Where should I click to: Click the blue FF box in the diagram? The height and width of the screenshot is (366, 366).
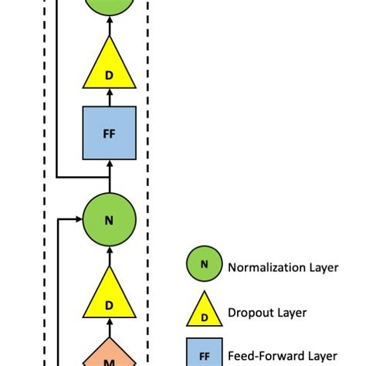[109, 133]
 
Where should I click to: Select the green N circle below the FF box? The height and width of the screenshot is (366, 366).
[109, 221]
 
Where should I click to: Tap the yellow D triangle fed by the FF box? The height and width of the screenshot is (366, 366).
[109, 67]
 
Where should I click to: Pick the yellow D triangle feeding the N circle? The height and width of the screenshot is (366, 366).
[109, 297]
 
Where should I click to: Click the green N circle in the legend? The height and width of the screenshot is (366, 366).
[204, 266]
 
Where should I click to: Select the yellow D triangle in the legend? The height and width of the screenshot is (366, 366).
[204, 312]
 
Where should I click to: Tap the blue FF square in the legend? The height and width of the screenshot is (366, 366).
[204, 355]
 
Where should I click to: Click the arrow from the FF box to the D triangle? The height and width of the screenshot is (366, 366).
[109, 99]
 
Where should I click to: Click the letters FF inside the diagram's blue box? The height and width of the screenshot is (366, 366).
[109, 133]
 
